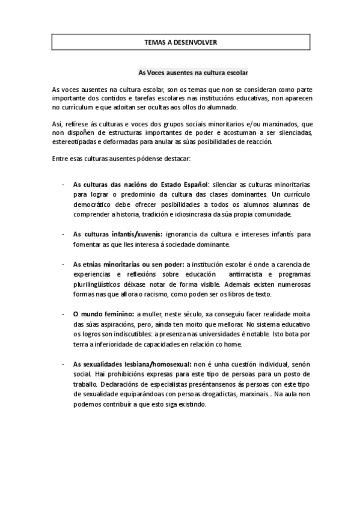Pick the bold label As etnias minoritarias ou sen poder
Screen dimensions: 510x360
(x=129, y=264)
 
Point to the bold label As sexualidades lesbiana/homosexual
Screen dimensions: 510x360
(x=132, y=364)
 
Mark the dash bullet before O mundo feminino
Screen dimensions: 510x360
(x=64, y=314)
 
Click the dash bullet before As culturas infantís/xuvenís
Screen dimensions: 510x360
(x=64, y=234)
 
